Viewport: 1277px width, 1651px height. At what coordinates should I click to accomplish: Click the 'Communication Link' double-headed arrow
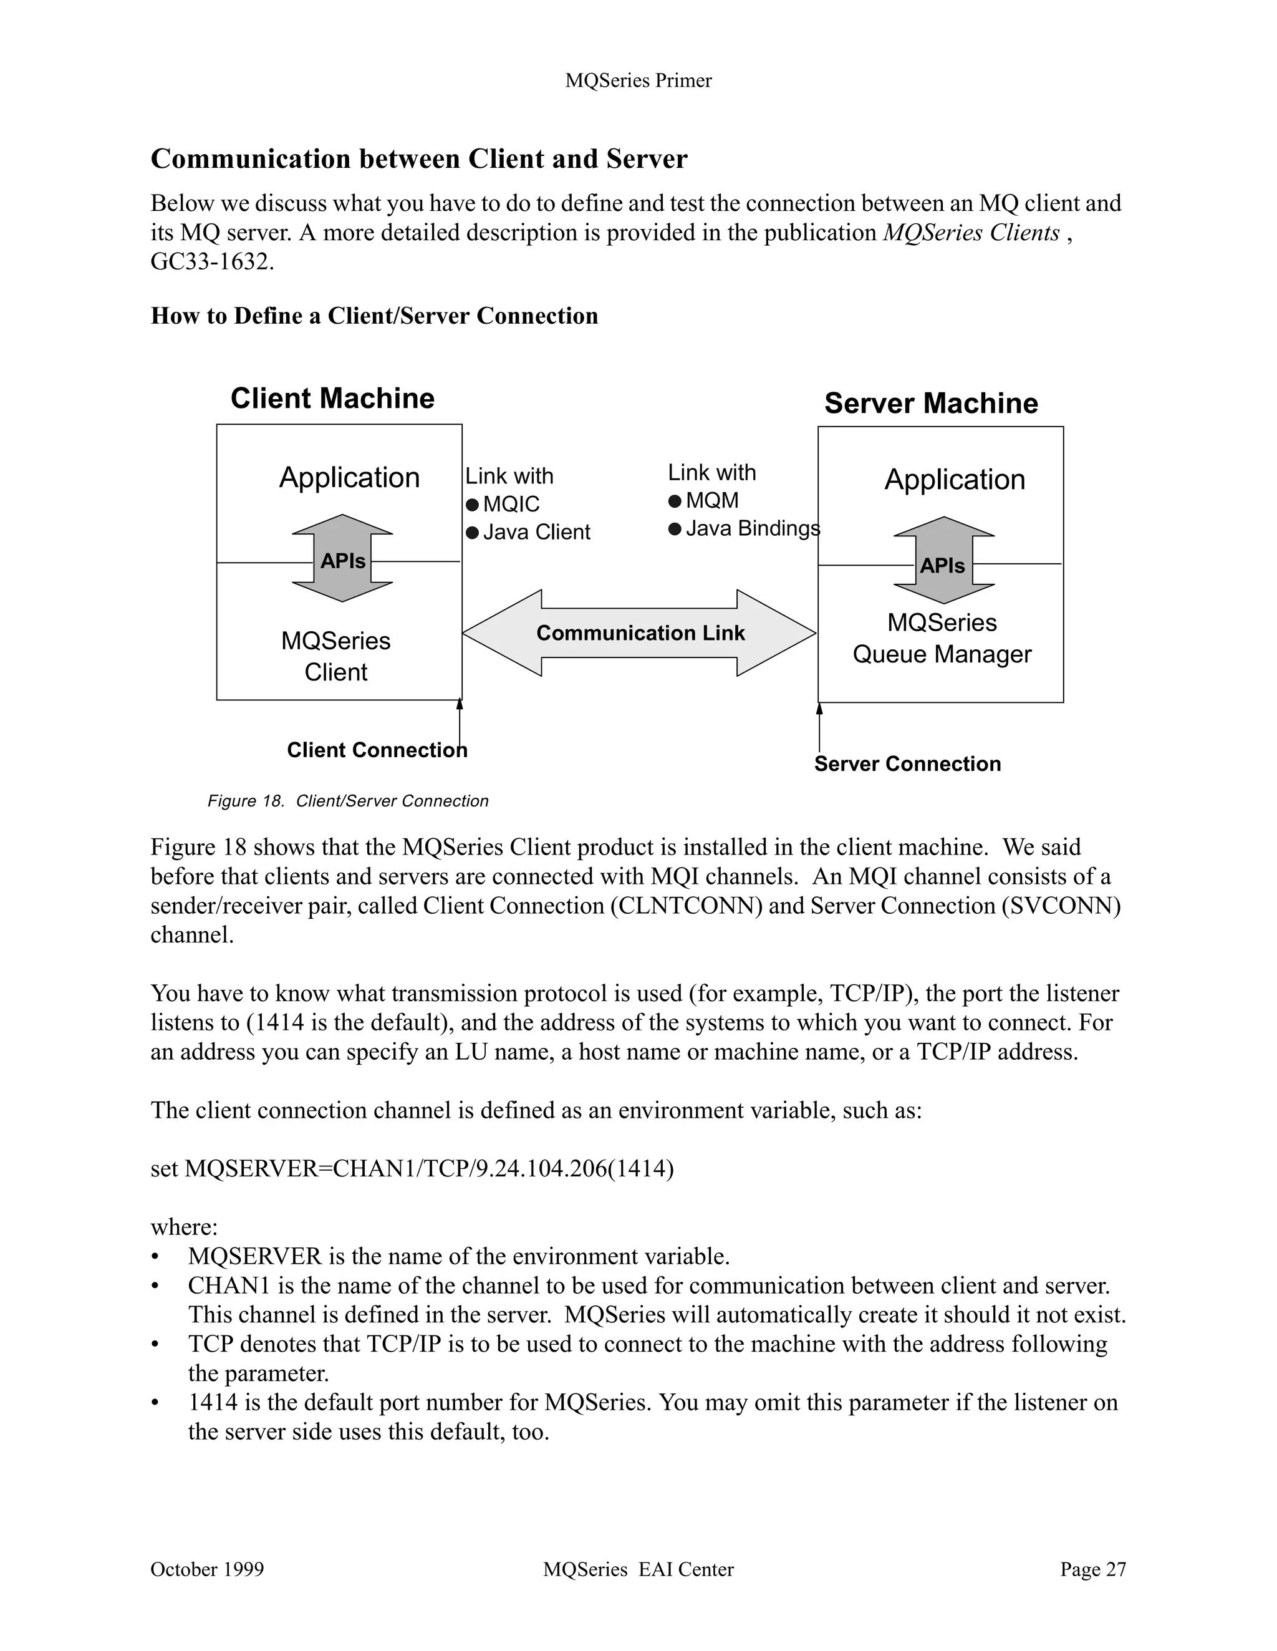point(639,632)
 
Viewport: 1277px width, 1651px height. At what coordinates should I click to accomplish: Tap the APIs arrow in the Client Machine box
point(342,559)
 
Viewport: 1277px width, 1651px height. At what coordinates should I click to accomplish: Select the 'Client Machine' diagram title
point(332,399)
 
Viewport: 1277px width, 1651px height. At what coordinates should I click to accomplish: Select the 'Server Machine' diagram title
point(931,403)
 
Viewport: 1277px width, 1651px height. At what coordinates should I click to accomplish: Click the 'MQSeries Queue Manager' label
point(942,638)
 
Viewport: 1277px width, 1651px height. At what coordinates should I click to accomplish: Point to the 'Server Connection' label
point(907,763)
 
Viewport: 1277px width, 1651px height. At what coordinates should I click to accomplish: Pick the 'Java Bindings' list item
point(752,528)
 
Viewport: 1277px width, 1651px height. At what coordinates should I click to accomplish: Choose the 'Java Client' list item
point(536,532)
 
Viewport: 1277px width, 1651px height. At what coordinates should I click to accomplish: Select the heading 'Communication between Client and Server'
point(418,159)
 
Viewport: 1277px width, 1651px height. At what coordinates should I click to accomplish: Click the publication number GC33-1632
point(211,261)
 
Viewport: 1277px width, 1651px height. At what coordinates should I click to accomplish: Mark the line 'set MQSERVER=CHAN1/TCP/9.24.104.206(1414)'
point(412,1168)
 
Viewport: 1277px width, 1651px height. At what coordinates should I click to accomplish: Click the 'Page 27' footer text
point(1092,1569)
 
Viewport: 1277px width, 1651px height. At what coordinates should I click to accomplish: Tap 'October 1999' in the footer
point(207,1569)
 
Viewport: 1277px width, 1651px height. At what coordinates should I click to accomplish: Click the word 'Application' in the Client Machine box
point(349,478)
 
